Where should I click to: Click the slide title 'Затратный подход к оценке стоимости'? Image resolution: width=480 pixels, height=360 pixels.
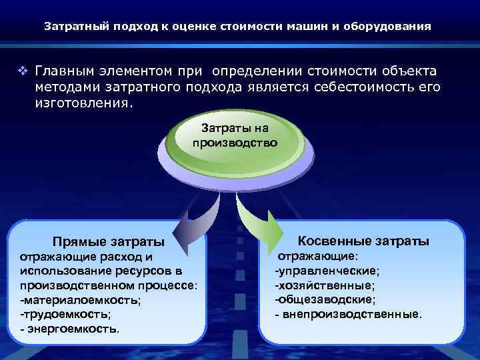(237, 27)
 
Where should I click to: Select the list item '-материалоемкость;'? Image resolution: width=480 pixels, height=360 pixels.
(80, 299)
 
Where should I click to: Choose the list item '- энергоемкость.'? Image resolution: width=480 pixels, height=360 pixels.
(70, 328)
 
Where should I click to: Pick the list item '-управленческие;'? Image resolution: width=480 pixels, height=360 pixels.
(327, 270)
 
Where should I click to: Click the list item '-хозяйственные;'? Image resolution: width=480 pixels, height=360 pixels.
(325, 285)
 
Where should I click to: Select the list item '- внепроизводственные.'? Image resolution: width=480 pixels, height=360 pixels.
(348, 313)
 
